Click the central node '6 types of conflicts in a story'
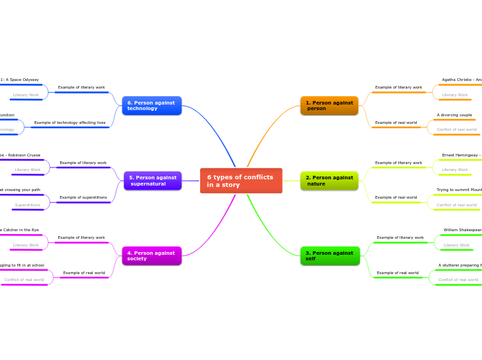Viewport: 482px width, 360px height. pyautogui.click(x=241, y=181)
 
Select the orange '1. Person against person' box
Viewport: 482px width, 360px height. pyautogui.click(x=329, y=105)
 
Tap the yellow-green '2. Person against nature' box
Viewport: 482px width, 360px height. pyautogui.click(x=329, y=181)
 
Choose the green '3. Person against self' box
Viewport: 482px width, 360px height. pyautogui.click(x=330, y=255)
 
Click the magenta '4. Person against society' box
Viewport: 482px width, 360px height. pyautogui.click(x=152, y=255)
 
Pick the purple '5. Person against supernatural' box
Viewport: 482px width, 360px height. pyautogui.click(x=152, y=181)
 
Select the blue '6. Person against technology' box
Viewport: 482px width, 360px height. pyautogui.click(x=152, y=105)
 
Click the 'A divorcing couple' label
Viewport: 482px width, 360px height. pyautogui.click(x=454, y=115)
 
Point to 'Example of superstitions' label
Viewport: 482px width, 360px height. pyautogui.click(x=83, y=197)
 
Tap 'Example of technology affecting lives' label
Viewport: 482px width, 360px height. pyautogui.click(x=70, y=123)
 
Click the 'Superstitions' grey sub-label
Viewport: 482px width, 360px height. pyautogui.click(x=28, y=205)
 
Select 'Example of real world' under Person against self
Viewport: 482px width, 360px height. pyautogui.click(x=398, y=273)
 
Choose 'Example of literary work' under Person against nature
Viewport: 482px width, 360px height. pyautogui.click(x=398, y=163)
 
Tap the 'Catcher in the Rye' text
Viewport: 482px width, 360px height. pyautogui.click(x=21, y=230)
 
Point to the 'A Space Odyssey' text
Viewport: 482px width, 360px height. pyautogui.click(x=21, y=80)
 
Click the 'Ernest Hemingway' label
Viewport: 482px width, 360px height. pyautogui.click(x=461, y=155)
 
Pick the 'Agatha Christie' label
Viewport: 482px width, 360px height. pyautogui.click(x=461, y=80)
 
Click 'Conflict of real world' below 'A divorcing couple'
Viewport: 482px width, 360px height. pyautogui.click(x=456, y=129)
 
